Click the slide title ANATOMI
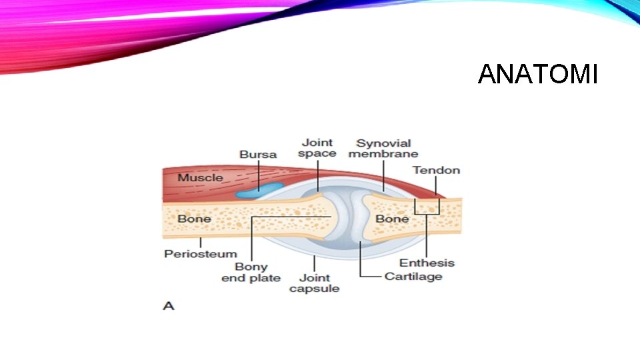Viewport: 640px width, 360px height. coord(537,75)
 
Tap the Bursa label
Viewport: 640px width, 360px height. coord(258,155)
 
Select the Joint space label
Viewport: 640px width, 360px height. coord(317,148)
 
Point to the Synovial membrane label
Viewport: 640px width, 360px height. coord(383,149)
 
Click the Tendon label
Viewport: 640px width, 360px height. coord(436,170)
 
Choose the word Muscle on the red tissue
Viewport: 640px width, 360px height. coord(200,178)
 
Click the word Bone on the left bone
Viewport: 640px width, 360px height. coord(194,219)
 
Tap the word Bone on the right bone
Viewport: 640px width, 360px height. coord(392,219)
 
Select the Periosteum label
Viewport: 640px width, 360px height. coord(201,254)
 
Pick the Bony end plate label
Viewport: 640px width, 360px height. coord(251,272)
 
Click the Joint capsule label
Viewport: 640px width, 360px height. coord(315,283)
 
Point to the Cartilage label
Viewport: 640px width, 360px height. coord(413,276)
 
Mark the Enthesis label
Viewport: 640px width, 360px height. coord(427,263)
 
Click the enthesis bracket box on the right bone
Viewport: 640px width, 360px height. coord(427,206)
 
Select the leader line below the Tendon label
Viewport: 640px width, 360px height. coord(437,186)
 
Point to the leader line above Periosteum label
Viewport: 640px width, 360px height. coord(201,242)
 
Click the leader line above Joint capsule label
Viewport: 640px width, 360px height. coord(314,263)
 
